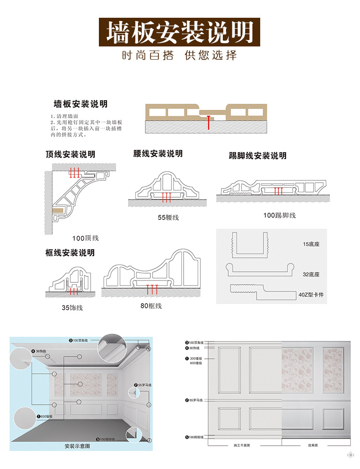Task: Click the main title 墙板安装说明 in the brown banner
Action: coord(180,32)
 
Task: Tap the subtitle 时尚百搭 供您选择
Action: coord(180,56)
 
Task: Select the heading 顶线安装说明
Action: coord(70,154)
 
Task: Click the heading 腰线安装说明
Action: coord(158,153)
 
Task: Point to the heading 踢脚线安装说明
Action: coord(257,156)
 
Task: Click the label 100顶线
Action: coord(85,238)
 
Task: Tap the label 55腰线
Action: coord(168,218)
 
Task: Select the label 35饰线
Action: coord(72,308)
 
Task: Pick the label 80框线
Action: coord(151,306)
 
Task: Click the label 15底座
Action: coord(311,245)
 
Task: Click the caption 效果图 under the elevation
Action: coord(312,445)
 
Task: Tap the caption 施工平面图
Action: coord(242,445)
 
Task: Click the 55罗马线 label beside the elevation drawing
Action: coord(194,400)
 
